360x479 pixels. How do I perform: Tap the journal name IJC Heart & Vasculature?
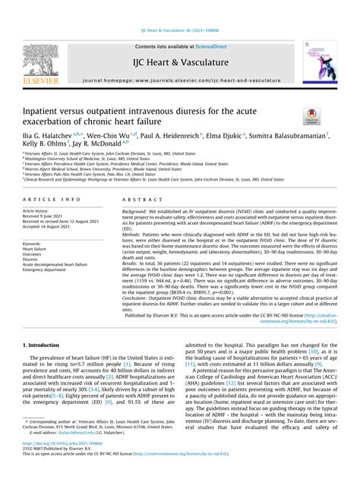pyautogui.click(x=180, y=61)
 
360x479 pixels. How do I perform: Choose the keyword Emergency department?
pyautogui.click(x=45, y=270)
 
